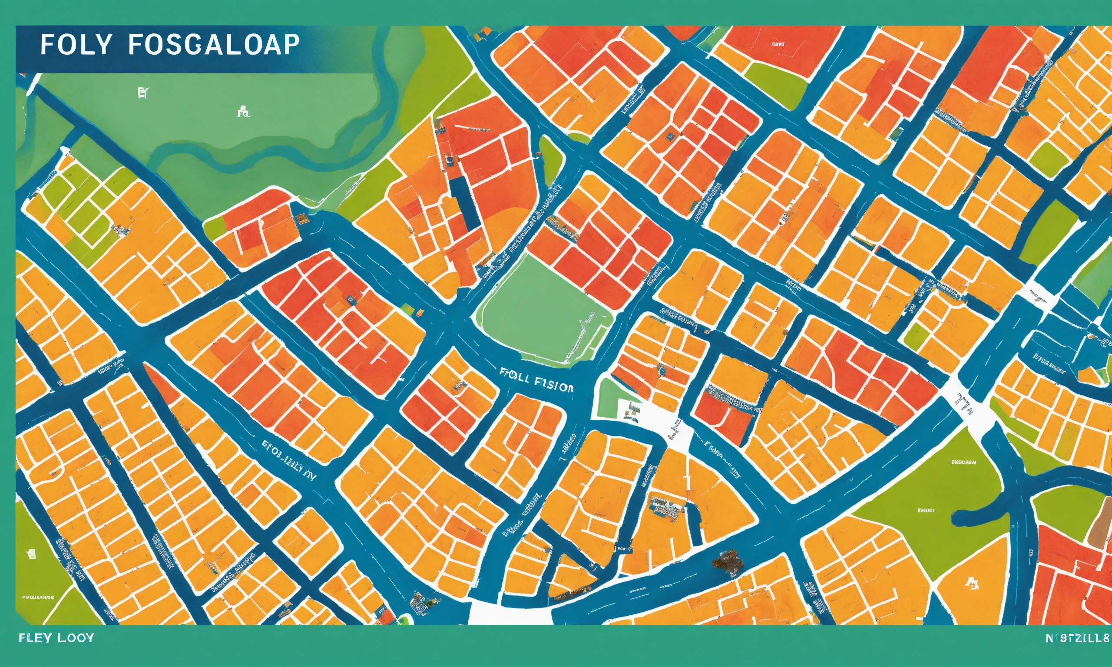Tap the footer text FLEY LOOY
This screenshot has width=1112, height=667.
click(56, 638)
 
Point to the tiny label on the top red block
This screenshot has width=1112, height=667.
click(778, 44)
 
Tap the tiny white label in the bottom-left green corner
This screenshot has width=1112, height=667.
click(38, 598)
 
